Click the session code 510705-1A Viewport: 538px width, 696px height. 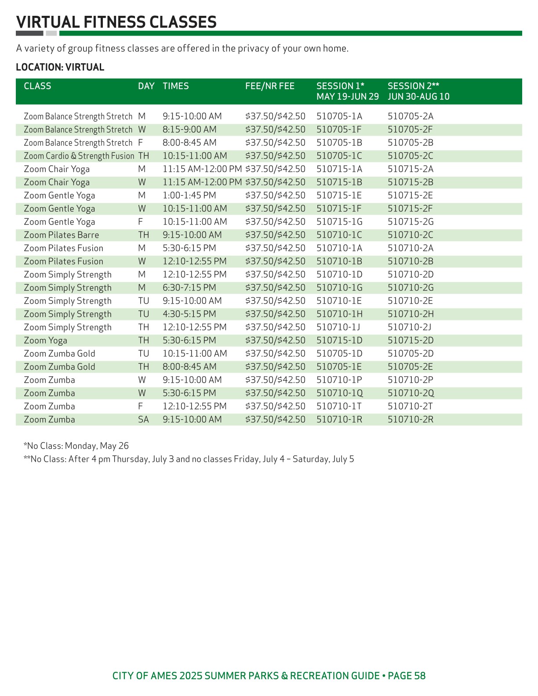coord(339,116)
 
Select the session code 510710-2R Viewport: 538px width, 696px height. coord(411,420)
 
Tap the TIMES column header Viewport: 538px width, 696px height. coord(175,86)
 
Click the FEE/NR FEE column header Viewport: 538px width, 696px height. coord(269,86)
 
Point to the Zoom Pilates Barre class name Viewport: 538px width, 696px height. coord(61,235)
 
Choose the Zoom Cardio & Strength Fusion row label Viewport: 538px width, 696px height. coord(79,156)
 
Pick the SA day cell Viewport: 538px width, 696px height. coord(143,420)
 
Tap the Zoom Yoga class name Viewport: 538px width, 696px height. coord(45,341)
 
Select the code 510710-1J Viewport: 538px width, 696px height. coord(338,327)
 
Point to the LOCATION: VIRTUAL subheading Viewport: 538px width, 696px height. coord(60,67)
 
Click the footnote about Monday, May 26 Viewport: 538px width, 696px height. coord(76,446)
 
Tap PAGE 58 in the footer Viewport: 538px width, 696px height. coord(407,676)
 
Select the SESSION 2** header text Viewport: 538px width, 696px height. coord(413,86)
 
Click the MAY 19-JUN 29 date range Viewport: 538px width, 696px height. coord(347,97)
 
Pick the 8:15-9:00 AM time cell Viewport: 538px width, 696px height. coord(189,130)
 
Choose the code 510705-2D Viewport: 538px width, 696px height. coord(411,354)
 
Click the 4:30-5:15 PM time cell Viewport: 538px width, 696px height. coord(189,314)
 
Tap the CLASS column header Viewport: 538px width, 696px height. coord(37,86)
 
